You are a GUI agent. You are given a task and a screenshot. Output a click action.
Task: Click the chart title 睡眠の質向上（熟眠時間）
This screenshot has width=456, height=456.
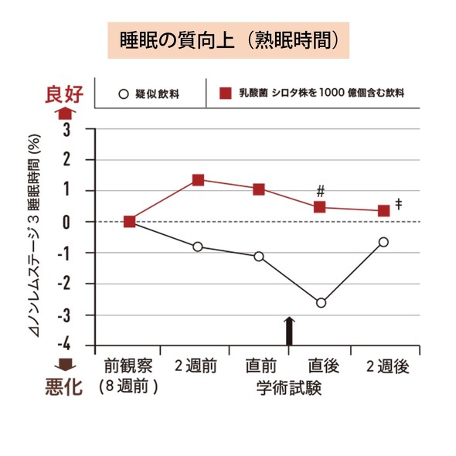pos(229,41)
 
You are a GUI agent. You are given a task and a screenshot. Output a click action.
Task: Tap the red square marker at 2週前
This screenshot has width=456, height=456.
pos(198,180)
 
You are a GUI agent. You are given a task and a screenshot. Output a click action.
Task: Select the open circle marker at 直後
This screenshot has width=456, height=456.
pos(321,302)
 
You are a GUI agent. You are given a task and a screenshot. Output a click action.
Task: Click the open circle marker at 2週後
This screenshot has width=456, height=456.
pos(383,242)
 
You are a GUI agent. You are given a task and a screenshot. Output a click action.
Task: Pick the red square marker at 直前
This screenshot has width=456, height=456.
pos(259,189)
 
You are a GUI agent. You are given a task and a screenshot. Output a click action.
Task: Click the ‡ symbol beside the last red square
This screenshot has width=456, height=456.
pos(399,203)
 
